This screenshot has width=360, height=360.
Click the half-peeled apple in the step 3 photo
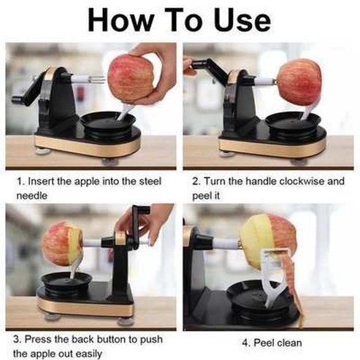coord(61,243)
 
